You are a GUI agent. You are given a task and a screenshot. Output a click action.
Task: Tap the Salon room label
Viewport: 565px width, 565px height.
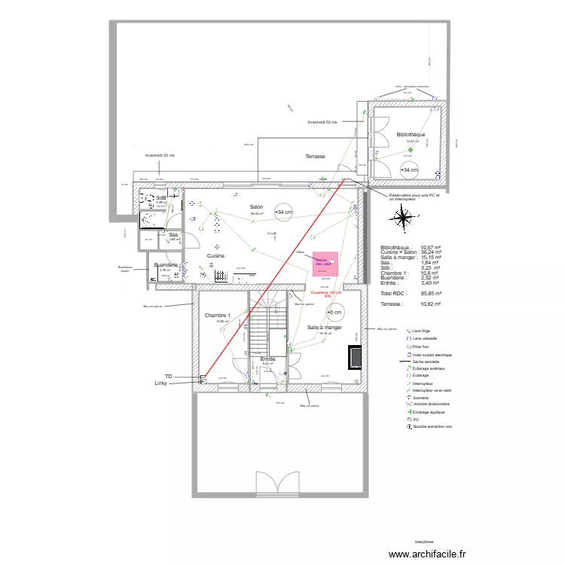[x=257, y=207]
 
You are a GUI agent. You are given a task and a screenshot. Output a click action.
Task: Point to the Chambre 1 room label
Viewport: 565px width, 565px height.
[x=217, y=316]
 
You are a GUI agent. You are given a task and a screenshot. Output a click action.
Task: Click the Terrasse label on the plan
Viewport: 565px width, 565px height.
[x=315, y=157]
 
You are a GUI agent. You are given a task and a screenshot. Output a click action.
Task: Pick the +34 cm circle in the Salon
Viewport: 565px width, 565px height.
[x=284, y=212]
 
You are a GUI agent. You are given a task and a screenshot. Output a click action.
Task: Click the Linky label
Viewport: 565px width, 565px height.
[x=161, y=383]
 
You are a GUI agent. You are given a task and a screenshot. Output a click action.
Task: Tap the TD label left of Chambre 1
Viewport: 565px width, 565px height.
[x=169, y=375]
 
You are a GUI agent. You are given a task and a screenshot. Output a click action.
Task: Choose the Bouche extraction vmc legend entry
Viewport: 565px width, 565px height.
[x=437, y=426]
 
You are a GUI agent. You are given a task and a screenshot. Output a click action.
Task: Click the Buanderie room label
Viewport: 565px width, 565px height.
[x=166, y=265]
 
